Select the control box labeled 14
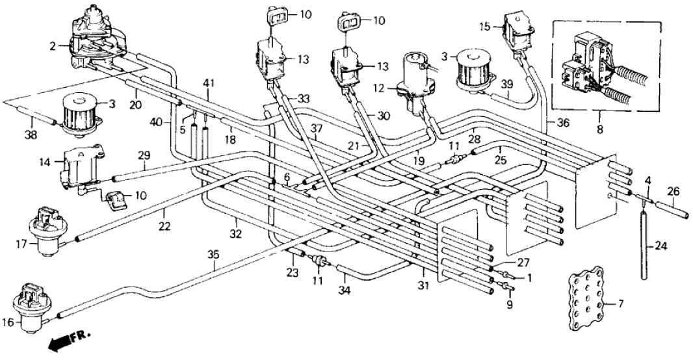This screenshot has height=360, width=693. (x=78, y=169)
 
